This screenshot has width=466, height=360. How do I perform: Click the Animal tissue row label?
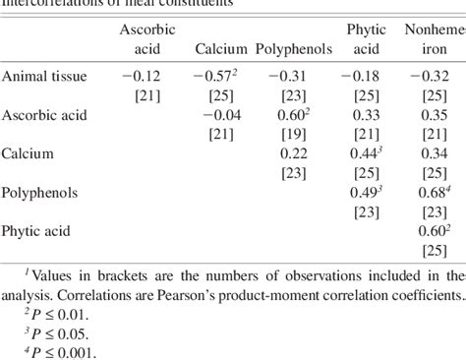43,76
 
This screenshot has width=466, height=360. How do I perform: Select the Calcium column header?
220,48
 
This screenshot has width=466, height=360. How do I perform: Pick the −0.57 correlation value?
216,76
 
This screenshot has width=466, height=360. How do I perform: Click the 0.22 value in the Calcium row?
295,153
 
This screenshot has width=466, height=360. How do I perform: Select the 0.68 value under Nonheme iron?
431,192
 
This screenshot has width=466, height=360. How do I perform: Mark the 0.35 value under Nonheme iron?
433,114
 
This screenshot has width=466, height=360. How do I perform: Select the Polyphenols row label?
37,192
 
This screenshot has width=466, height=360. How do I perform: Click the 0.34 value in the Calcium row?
433,153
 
